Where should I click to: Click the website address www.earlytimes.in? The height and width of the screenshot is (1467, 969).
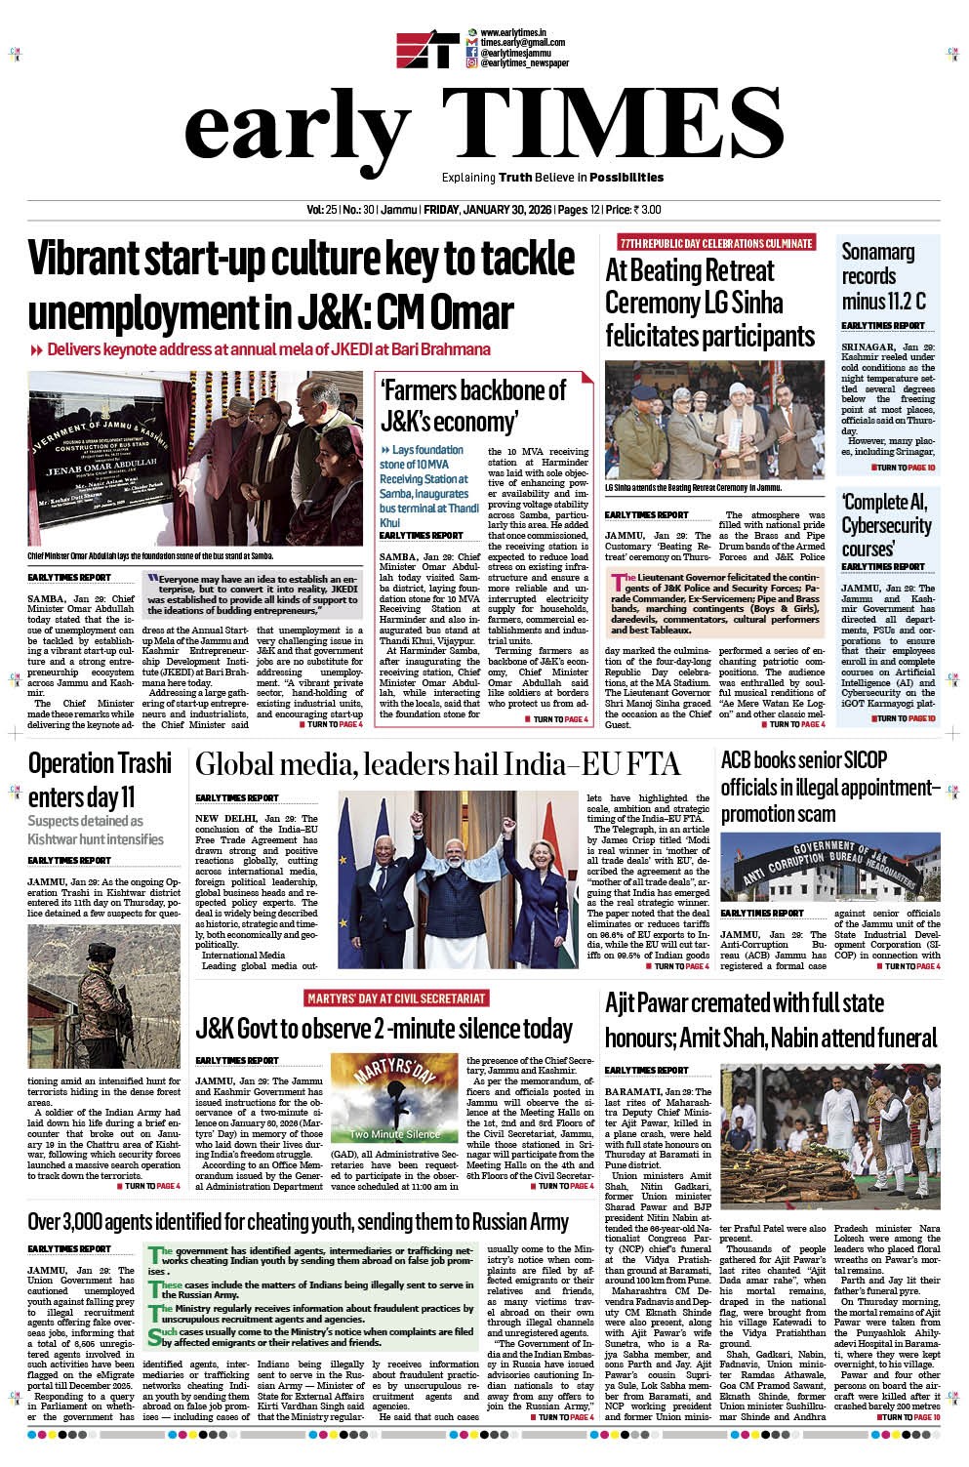(512, 33)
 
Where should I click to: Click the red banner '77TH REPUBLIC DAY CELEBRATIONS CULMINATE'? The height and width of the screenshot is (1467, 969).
(714, 243)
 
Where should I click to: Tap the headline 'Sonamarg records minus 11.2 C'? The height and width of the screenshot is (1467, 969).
(883, 276)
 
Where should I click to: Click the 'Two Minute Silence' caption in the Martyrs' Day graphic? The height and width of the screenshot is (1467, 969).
(395, 1134)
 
